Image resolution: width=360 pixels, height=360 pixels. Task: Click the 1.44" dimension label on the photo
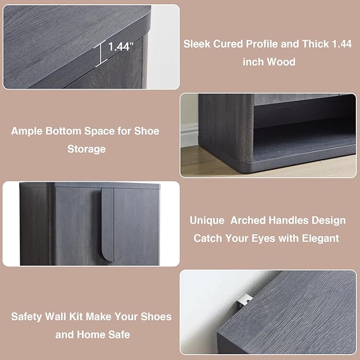click(x=120, y=46)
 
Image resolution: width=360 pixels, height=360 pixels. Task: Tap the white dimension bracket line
click(x=101, y=54)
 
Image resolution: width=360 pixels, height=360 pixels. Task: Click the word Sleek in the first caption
click(x=197, y=44)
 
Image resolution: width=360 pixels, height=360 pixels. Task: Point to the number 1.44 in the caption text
click(x=342, y=44)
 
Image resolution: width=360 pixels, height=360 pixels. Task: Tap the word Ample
click(x=27, y=131)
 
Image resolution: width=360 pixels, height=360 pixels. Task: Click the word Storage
click(x=86, y=149)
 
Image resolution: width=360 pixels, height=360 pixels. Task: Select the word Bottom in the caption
click(x=64, y=131)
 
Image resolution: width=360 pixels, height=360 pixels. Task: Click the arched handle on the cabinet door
click(x=108, y=224)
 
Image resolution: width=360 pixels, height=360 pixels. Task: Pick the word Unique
click(x=207, y=221)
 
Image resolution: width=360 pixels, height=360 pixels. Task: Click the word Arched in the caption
click(x=248, y=221)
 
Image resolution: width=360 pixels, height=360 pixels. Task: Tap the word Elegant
click(x=320, y=238)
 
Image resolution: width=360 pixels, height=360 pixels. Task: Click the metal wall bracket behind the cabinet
click(x=244, y=301)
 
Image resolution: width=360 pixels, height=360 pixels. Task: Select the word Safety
click(x=27, y=317)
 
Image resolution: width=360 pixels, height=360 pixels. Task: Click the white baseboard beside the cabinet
click(x=189, y=135)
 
